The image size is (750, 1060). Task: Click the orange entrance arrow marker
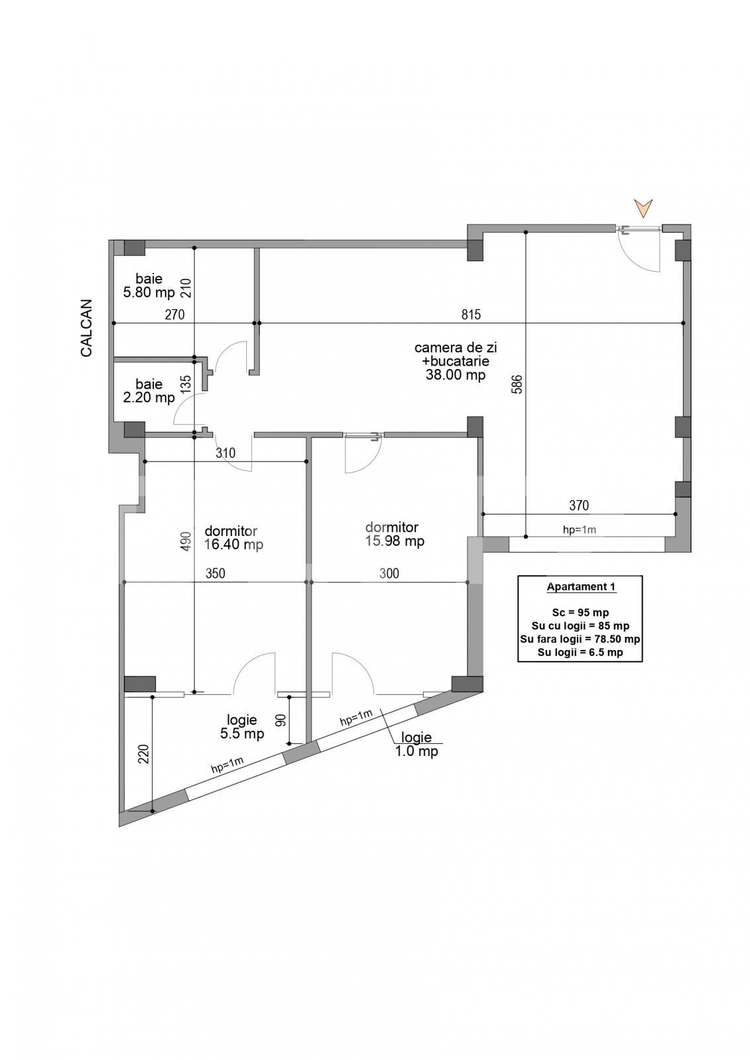coord(643,208)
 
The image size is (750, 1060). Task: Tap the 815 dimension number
coord(470,315)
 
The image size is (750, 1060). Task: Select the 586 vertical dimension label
coord(517,384)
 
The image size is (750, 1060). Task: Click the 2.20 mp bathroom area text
coord(149,397)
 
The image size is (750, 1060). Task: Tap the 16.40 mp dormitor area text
coord(233,545)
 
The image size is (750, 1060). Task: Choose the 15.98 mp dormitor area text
coord(395,541)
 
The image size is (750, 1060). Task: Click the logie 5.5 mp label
coord(242,734)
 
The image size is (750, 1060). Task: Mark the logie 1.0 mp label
coord(416,751)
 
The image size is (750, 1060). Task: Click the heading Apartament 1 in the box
coord(580,587)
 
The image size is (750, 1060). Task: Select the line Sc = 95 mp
coord(580,612)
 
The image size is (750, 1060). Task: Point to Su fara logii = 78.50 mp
coord(580,639)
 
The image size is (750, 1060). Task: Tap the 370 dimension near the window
coord(578,505)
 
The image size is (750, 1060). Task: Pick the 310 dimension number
coord(225,453)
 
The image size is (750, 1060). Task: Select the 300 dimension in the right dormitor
coord(389,574)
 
